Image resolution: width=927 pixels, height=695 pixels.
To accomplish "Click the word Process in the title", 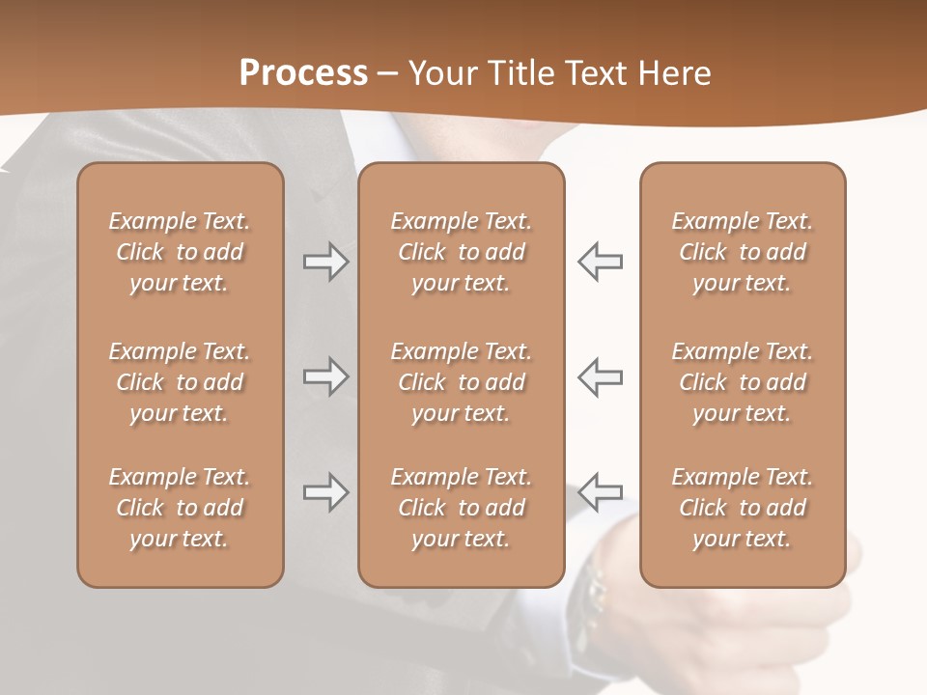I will point(303,73).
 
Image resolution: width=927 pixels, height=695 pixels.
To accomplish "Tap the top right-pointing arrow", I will point(325,262).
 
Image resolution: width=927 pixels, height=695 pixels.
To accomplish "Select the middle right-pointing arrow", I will point(325,376).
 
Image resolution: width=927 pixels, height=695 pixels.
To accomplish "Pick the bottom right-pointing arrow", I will point(325,492).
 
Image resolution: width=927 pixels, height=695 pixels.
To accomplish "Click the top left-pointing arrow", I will point(601,262).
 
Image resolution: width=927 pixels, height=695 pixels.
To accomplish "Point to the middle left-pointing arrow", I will point(601,376).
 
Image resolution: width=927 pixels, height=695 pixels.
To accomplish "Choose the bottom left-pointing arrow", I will point(601,492).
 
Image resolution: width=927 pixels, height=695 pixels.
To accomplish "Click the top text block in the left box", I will point(180,252).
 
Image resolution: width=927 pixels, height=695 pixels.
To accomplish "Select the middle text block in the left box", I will point(180,382).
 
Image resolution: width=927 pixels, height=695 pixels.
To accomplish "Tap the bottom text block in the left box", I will point(180,508).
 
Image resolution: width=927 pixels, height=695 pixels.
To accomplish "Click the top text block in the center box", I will point(461,252).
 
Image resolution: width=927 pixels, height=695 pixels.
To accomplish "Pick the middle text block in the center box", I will point(461,382).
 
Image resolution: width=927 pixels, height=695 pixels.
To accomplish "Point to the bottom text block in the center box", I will point(461,508).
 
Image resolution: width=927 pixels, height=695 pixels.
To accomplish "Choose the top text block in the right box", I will point(742,252).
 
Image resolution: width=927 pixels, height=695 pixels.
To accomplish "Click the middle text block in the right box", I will point(742,382).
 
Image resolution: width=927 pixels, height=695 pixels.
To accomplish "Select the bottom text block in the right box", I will point(742,508).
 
